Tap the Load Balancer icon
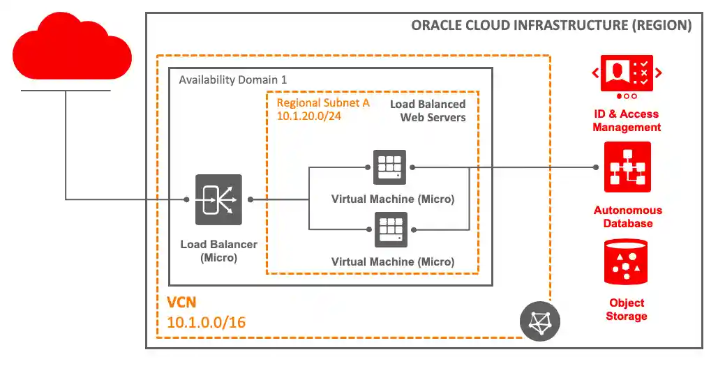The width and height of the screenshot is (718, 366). pos(218,199)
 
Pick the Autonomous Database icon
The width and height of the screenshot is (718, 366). pos(627,167)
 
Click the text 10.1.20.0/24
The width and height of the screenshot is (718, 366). pos(310,116)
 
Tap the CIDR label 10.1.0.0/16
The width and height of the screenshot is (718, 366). pos(207,323)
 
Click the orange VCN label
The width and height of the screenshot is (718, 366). pos(182,303)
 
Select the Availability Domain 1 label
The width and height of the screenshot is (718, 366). pos(233,79)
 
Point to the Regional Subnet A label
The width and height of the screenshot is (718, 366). pos(323,102)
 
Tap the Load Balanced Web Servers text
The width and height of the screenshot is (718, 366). pos(428,111)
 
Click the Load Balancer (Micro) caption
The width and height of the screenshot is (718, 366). pos(218,251)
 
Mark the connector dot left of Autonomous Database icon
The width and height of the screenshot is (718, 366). pos(597,167)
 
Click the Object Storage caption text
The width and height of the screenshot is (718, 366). pos(627,310)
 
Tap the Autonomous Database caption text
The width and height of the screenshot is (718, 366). pos(627,217)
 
